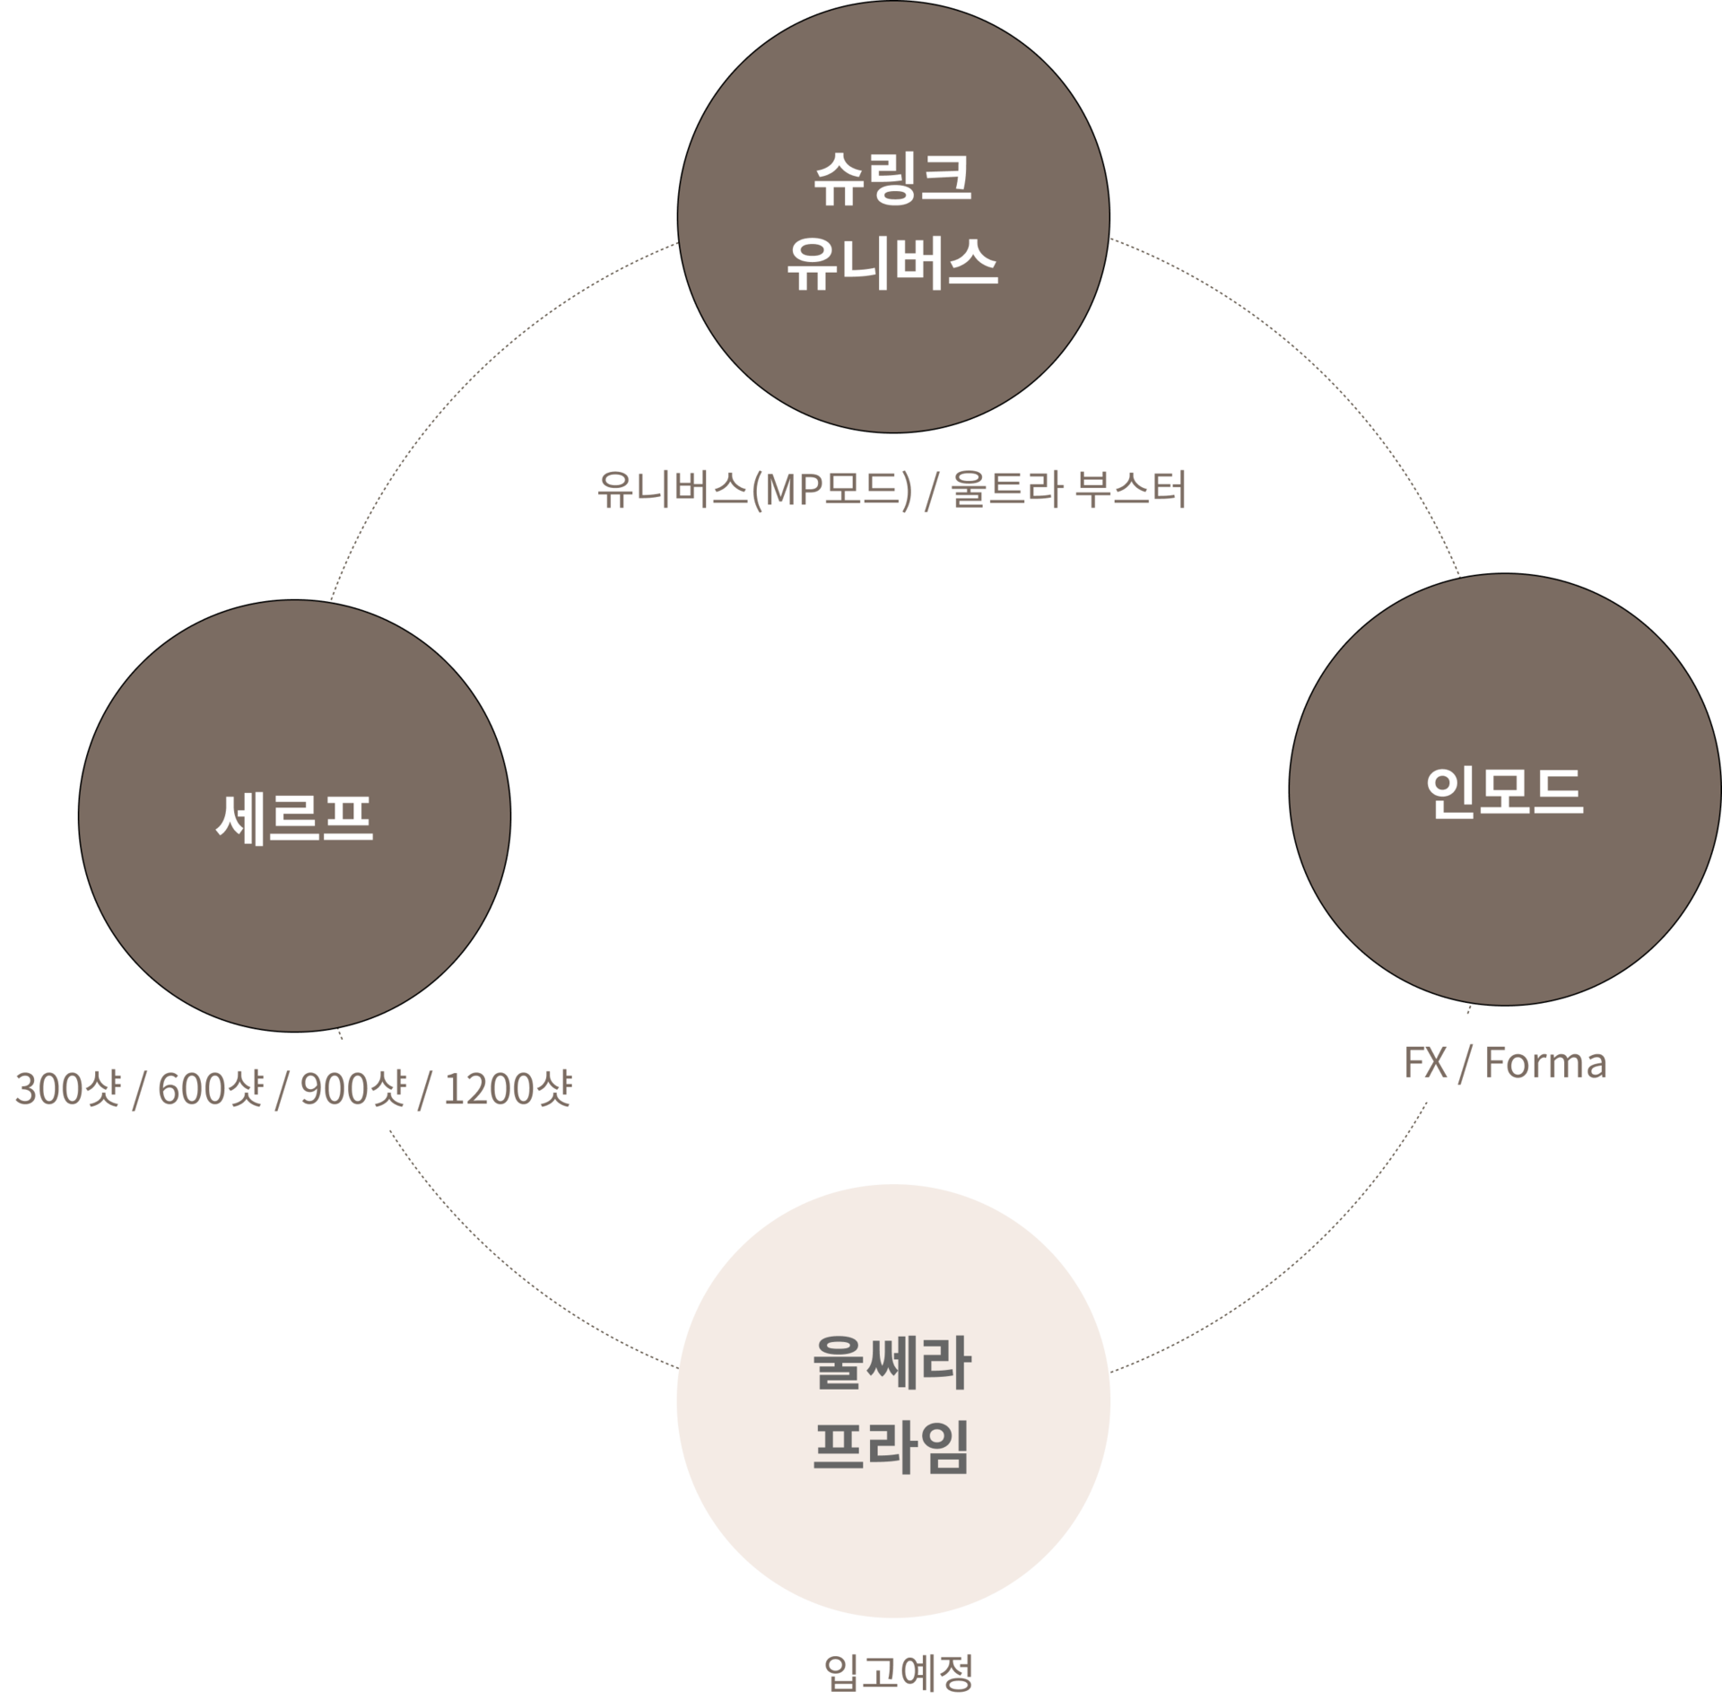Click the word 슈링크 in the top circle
pyautogui.click(x=892, y=179)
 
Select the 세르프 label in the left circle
pyautogui.click(x=294, y=817)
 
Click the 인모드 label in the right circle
pyautogui.click(x=1504, y=791)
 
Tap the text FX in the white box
pyautogui.click(x=1425, y=1063)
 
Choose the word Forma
pyautogui.click(x=1545, y=1063)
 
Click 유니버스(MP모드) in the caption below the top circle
pyautogui.click(x=753, y=490)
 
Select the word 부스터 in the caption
pyautogui.click(x=1130, y=490)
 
